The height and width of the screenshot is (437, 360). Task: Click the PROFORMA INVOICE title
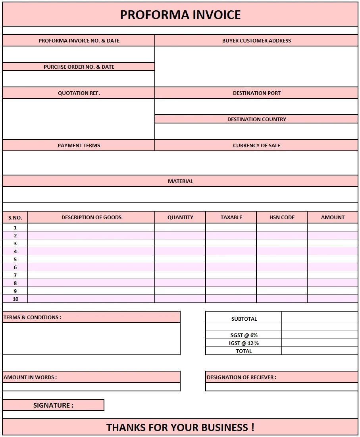(180, 15)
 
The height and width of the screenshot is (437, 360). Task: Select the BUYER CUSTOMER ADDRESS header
(256, 40)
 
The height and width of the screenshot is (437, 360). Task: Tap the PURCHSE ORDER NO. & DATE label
(79, 67)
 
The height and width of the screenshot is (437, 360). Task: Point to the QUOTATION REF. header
(79, 93)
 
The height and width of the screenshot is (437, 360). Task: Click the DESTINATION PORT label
(256, 93)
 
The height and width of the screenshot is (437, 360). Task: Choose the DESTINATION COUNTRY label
(256, 119)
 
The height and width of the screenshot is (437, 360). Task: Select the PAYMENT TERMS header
(79, 145)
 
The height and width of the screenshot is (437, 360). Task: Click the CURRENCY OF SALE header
(256, 145)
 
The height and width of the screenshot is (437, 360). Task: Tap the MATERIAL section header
(180, 181)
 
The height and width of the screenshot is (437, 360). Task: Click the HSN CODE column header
(282, 217)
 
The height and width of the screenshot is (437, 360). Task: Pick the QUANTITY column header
(180, 217)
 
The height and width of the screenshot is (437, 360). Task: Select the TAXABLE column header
(231, 217)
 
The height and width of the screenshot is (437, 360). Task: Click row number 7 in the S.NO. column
(15, 275)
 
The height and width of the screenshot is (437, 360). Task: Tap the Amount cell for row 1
(333, 227)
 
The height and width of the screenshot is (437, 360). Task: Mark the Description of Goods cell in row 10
(91, 299)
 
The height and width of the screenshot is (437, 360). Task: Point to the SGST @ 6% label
(244, 335)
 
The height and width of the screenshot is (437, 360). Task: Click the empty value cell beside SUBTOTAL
(320, 318)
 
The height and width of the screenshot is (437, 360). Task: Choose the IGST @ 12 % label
(244, 343)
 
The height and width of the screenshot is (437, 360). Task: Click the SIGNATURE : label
(53, 405)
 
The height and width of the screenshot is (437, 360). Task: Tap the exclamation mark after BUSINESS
(252, 427)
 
